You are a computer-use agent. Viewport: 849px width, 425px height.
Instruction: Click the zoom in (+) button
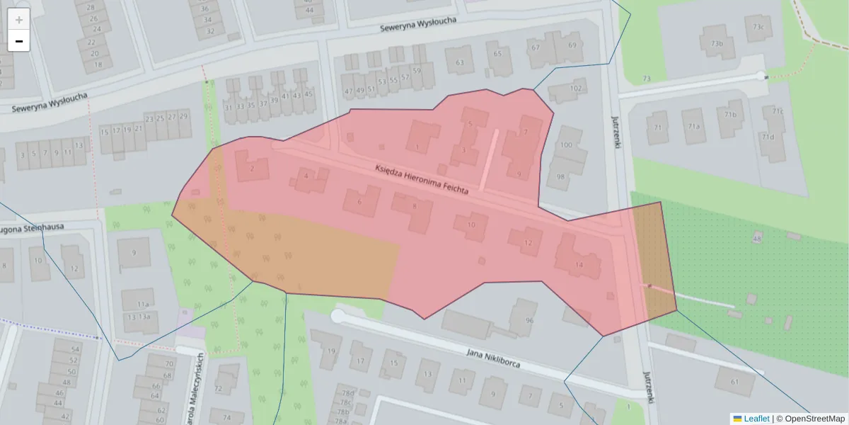(19, 20)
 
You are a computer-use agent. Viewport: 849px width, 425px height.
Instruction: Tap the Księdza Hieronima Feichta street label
(422, 179)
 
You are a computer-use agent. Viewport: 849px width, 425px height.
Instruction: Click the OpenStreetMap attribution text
(814, 419)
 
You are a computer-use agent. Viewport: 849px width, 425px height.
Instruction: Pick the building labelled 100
(566, 145)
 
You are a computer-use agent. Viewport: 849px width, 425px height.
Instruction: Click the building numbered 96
(529, 320)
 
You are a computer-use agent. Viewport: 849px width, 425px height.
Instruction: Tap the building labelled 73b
(717, 44)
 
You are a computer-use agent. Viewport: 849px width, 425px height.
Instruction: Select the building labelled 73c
(758, 28)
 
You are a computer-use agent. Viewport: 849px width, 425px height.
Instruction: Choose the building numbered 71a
(694, 127)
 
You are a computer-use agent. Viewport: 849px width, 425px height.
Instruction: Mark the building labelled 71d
(767, 137)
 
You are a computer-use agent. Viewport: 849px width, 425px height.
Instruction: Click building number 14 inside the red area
(579, 264)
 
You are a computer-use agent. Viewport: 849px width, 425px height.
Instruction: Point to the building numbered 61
(734, 382)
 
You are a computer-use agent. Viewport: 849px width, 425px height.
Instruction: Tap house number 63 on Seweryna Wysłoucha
(460, 62)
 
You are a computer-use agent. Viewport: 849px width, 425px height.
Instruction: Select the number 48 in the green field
(756, 239)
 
